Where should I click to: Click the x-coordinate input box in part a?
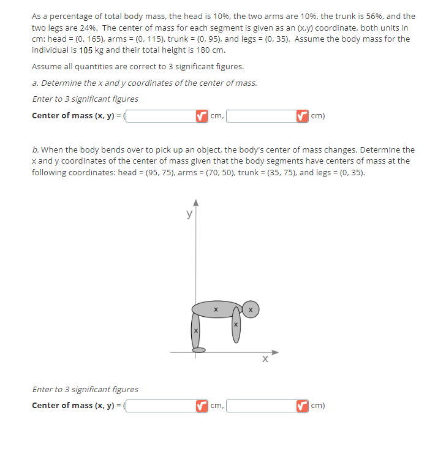click(x=161, y=116)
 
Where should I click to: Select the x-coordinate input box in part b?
click(x=161, y=405)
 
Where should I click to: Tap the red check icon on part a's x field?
click(x=201, y=116)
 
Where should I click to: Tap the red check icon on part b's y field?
click(x=301, y=405)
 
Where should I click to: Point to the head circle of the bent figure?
click(x=251, y=309)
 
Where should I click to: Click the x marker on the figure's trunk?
click(x=216, y=309)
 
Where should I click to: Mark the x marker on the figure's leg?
click(x=195, y=331)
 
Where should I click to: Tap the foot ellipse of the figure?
click(x=199, y=351)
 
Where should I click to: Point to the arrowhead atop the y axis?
click(x=196, y=203)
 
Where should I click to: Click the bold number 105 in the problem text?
click(x=87, y=50)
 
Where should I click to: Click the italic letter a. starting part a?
click(x=36, y=83)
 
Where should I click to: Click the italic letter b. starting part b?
click(x=36, y=150)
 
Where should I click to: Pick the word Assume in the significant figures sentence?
click(x=47, y=67)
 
